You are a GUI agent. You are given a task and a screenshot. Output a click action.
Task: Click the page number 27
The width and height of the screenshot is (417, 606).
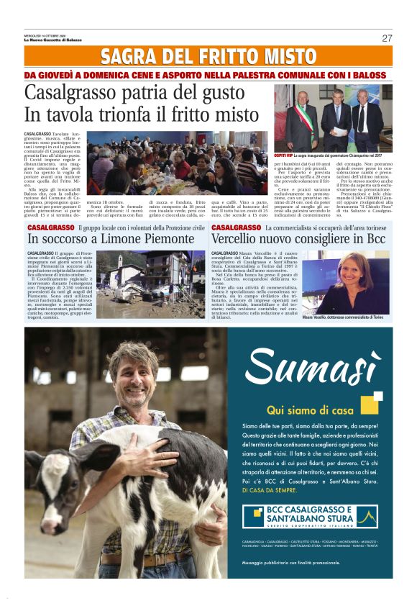(387, 38)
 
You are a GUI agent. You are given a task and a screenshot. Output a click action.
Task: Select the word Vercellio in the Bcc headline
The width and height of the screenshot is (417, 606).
(241, 238)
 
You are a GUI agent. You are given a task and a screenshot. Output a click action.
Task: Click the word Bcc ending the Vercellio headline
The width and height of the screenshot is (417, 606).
(376, 238)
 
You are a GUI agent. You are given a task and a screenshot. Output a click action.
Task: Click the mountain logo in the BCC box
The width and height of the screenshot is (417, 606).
(366, 516)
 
